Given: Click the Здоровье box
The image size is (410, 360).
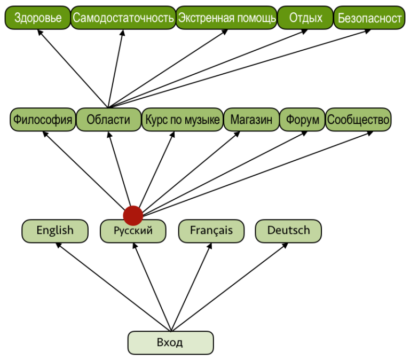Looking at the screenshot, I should coord(38,19).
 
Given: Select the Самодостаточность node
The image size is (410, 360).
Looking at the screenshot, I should coord(123,19).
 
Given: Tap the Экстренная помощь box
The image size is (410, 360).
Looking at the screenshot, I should coord(226,19).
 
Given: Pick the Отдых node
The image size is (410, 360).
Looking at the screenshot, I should coord(306,19).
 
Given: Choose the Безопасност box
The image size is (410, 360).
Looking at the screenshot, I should coord(369,19).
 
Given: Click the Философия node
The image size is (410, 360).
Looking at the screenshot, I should coord(43,120).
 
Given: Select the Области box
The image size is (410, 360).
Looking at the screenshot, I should coord(108,120).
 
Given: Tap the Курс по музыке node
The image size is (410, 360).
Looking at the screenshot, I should coord(182,120).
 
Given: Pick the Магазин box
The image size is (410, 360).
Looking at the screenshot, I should coord(251,120).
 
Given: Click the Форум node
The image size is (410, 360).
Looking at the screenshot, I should coord(302,120).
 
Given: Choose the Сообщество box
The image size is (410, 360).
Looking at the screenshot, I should coord(358,120).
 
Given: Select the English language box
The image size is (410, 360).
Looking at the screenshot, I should coord(55,231).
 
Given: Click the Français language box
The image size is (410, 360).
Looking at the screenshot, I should coord(211,231).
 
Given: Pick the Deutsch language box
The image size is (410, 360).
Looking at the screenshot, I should coord(289,231).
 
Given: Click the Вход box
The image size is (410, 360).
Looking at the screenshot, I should coord(170,342).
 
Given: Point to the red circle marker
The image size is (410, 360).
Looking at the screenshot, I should coord(133,215).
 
